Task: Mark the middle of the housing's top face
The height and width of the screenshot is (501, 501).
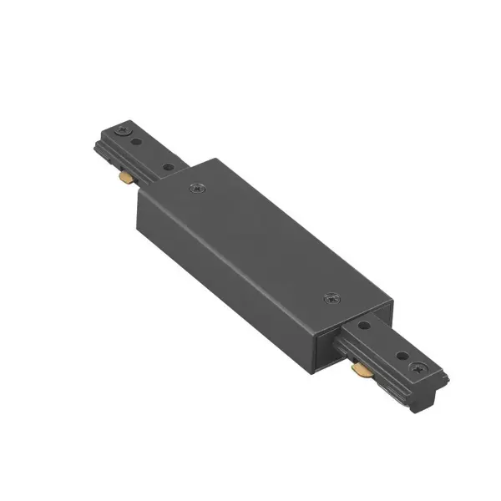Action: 263,242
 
